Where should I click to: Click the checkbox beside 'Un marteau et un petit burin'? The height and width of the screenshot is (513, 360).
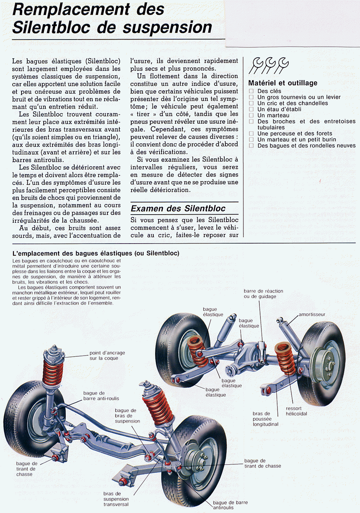pyautogui.click(x=251, y=139)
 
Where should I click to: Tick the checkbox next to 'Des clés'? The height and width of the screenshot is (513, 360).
pyautogui.click(x=251, y=91)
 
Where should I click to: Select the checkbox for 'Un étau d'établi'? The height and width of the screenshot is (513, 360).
pyautogui.click(x=251, y=109)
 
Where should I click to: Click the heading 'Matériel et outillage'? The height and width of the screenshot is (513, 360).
pyautogui.click(x=283, y=83)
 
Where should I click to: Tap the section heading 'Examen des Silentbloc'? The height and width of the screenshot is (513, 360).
pyautogui.click(x=178, y=208)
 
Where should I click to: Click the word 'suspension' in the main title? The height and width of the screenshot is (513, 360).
pyautogui.click(x=167, y=27)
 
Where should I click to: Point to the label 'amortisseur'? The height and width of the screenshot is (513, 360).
pyautogui.click(x=312, y=314)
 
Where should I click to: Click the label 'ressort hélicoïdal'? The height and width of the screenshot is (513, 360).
pyautogui.click(x=296, y=411)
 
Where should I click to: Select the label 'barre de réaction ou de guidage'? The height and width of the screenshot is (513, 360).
pyautogui.click(x=264, y=294)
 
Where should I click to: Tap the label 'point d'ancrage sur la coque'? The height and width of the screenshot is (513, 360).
pyautogui.click(x=107, y=355)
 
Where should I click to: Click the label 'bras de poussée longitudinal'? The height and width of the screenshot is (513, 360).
pyautogui.click(x=265, y=419)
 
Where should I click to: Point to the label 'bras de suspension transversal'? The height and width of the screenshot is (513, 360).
pyautogui.click(x=116, y=499)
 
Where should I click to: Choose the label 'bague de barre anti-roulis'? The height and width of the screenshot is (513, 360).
pyautogui.click(x=101, y=396)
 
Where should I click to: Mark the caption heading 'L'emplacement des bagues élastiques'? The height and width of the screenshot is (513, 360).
pyautogui.click(x=96, y=253)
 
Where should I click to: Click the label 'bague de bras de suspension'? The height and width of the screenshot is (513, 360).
pyautogui.click(x=127, y=416)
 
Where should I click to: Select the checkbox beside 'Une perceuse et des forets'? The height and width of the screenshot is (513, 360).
pyautogui.click(x=251, y=134)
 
